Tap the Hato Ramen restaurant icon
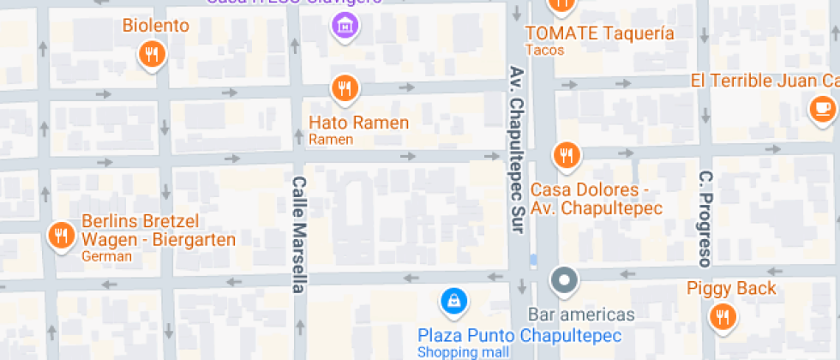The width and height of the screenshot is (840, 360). (345, 87)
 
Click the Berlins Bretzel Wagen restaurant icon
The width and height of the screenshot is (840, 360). (61, 236)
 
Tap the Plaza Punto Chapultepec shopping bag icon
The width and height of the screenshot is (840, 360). (452, 300)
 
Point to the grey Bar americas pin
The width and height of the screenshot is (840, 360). (564, 279)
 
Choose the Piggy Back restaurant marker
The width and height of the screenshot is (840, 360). (723, 317)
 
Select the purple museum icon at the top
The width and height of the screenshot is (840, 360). (345, 25)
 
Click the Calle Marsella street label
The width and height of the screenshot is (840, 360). (298, 234)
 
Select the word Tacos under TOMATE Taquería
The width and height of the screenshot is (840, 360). (545, 51)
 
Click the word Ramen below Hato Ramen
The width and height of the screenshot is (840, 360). (331, 139)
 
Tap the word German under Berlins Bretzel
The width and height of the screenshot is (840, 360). (106, 256)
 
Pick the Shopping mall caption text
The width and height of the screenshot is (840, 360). (462, 351)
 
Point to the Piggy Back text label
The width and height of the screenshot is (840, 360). (731, 288)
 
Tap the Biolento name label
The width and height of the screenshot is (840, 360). (155, 26)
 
